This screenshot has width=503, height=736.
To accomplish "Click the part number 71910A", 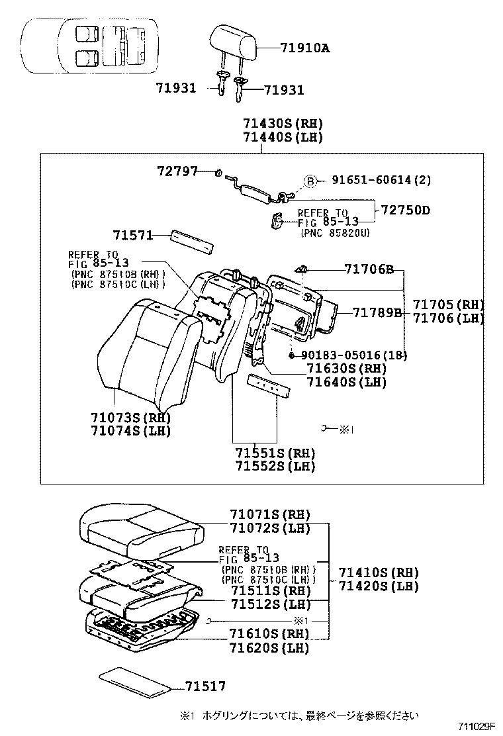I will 304,48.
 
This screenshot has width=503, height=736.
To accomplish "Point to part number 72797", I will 177,171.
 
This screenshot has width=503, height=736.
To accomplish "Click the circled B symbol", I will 310,181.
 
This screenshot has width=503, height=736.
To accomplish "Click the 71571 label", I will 132,236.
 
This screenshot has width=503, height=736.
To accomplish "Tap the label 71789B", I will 377,312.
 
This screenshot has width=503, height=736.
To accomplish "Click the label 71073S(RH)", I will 131,417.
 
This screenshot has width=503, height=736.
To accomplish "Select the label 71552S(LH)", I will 275,466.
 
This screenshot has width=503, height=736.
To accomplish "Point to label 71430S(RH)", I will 283,123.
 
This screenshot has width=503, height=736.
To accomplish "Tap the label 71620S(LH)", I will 269,648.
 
